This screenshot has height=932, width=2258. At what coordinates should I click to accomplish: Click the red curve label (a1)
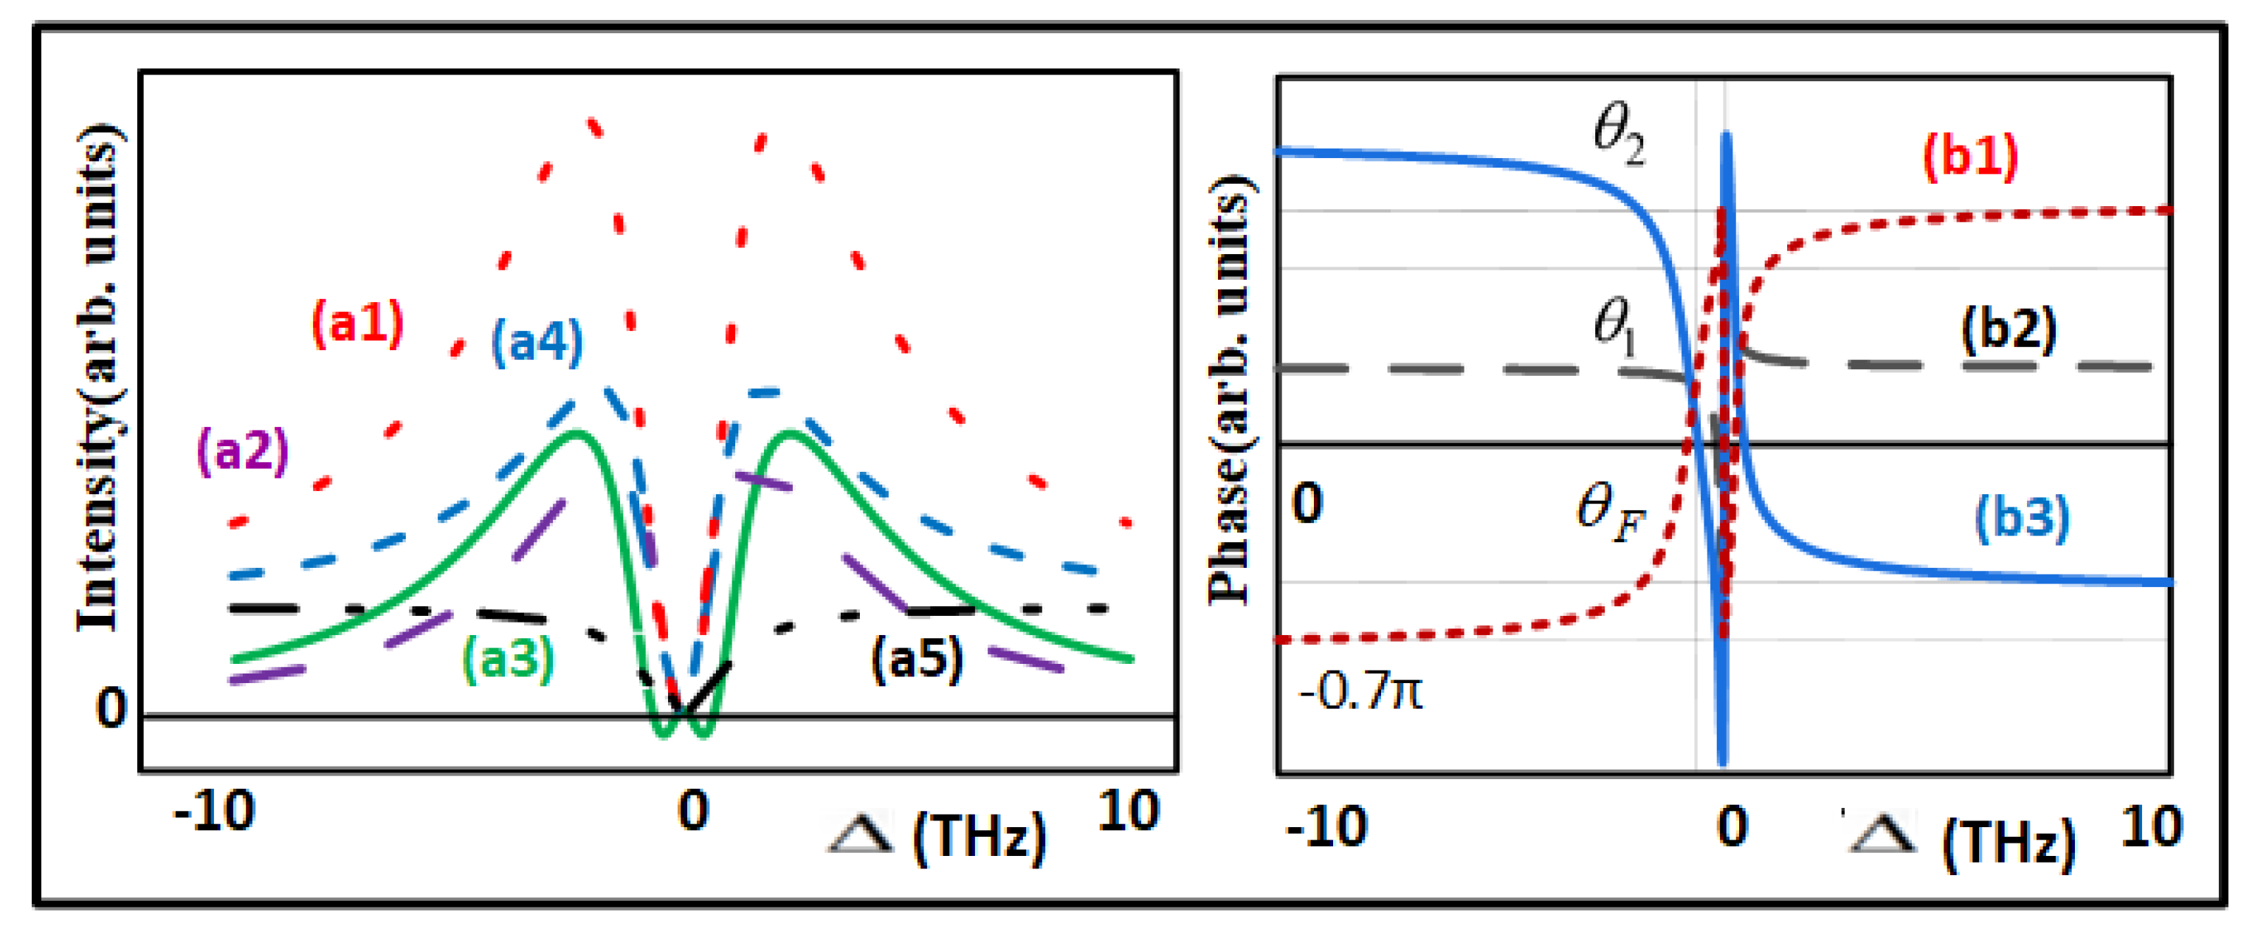(x=357, y=323)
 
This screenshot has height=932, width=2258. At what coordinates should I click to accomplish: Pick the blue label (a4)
(x=537, y=341)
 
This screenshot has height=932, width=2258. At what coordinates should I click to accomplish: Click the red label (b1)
(x=1969, y=157)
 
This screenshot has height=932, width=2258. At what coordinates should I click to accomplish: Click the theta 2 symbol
(x=1618, y=137)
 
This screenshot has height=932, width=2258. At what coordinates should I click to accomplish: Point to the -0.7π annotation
(x=1360, y=693)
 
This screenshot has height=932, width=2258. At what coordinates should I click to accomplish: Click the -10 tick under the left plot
(x=214, y=812)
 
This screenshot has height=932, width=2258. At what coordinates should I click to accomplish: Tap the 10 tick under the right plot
(x=2151, y=828)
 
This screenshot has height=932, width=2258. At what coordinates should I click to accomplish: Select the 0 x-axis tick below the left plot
(x=692, y=812)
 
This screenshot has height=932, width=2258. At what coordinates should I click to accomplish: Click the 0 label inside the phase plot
(x=1307, y=504)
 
